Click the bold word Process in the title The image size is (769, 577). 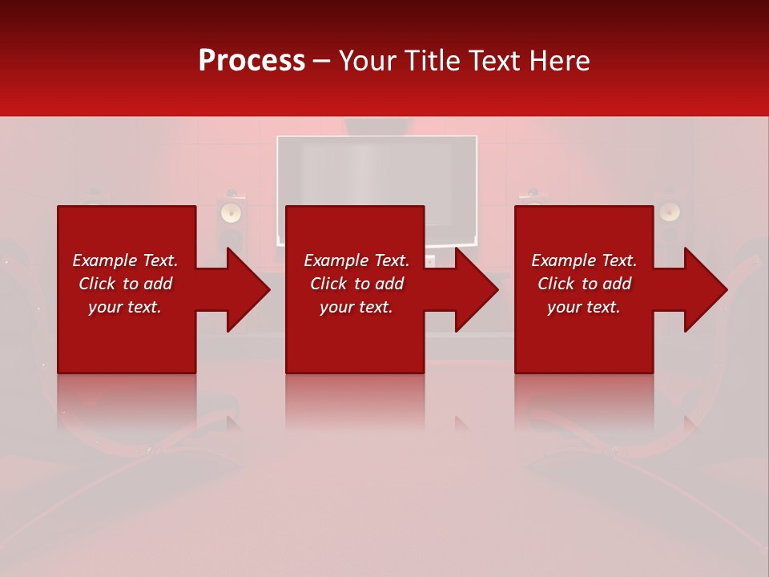point(252,61)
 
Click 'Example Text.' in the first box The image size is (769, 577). point(125,260)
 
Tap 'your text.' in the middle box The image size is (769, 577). point(356,307)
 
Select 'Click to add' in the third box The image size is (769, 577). point(584,284)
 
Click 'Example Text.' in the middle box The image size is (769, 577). point(356,260)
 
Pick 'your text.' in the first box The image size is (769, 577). point(125,307)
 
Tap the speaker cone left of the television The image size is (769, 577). point(231,212)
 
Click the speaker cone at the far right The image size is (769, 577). point(669,212)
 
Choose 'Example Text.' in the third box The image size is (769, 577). point(584,260)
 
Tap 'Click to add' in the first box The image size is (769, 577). point(125,284)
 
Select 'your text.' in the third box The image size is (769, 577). point(584,307)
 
